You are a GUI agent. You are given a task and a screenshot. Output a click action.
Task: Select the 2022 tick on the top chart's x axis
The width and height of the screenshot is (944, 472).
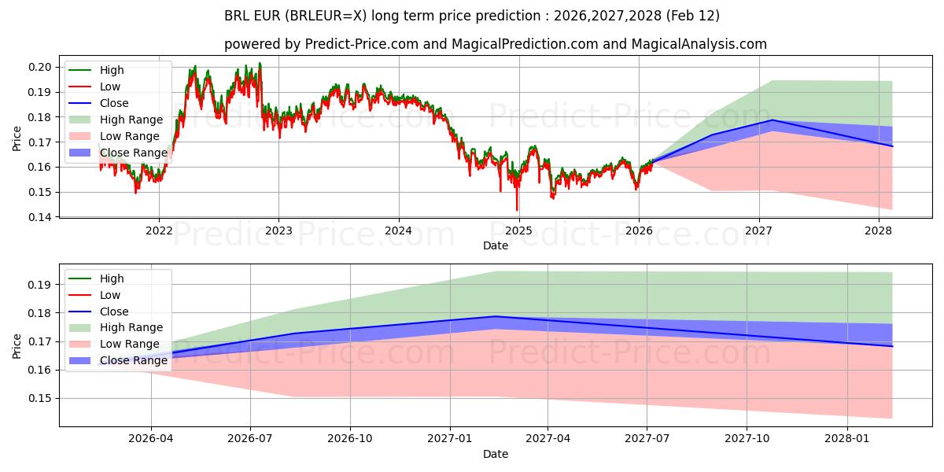(x=159, y=230)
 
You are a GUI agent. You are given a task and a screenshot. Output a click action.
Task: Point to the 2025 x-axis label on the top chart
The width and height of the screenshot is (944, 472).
(x=518, y=230)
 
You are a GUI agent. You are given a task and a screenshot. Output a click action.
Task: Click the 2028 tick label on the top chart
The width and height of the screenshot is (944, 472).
(x=878, y=230)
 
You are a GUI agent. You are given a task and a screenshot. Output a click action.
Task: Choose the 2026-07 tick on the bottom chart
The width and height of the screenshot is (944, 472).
(x=250, y=438)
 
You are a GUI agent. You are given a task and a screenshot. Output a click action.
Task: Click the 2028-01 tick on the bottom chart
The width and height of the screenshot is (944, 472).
(x=848, y=438)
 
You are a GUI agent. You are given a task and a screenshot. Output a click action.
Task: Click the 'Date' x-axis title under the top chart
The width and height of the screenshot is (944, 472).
(x=496, y=245)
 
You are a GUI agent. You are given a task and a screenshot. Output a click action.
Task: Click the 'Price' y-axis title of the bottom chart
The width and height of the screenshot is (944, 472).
(x=17, y=345)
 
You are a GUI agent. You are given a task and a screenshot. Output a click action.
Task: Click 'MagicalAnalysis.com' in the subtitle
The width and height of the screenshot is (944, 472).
(x=706, y=44)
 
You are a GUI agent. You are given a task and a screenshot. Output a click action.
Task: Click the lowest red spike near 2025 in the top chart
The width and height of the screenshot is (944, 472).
(x=517, y=210)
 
